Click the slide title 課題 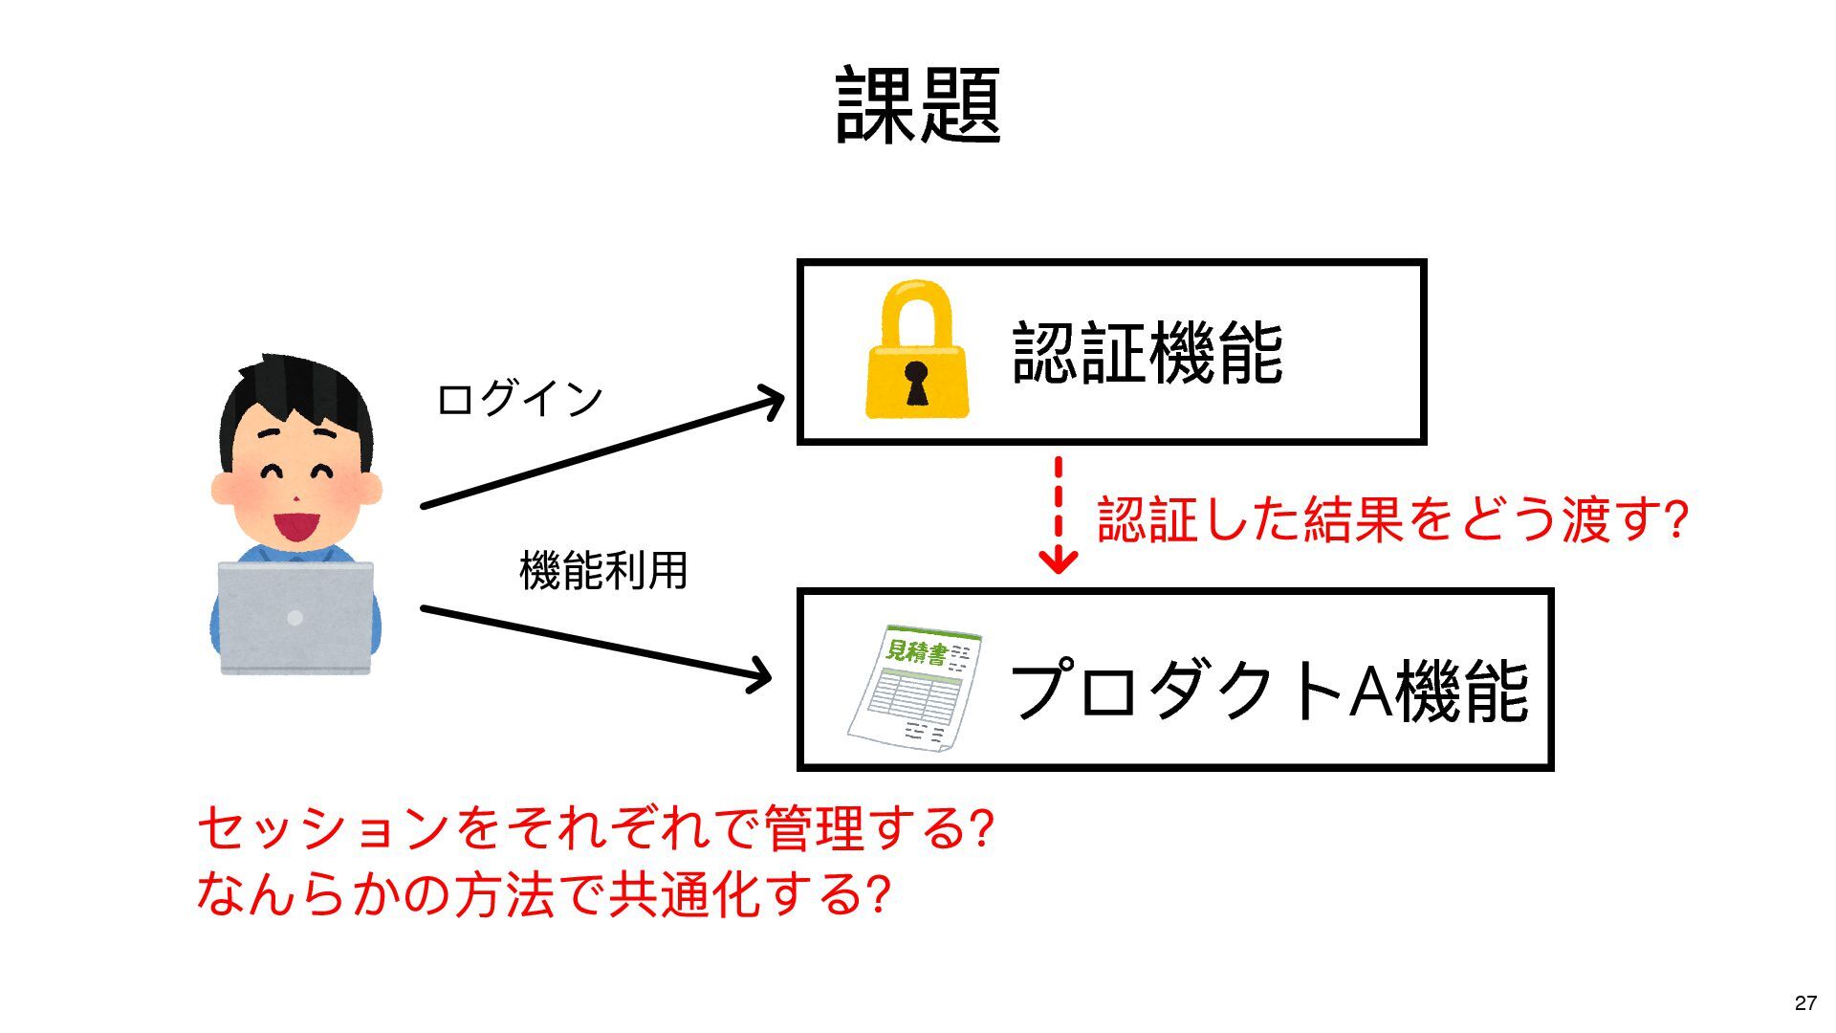918,105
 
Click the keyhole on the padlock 916,381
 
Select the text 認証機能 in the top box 1147,354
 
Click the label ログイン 519,399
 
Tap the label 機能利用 603,571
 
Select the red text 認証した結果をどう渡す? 1392,519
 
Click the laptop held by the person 295,617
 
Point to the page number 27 1805,1002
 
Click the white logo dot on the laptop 295,618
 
